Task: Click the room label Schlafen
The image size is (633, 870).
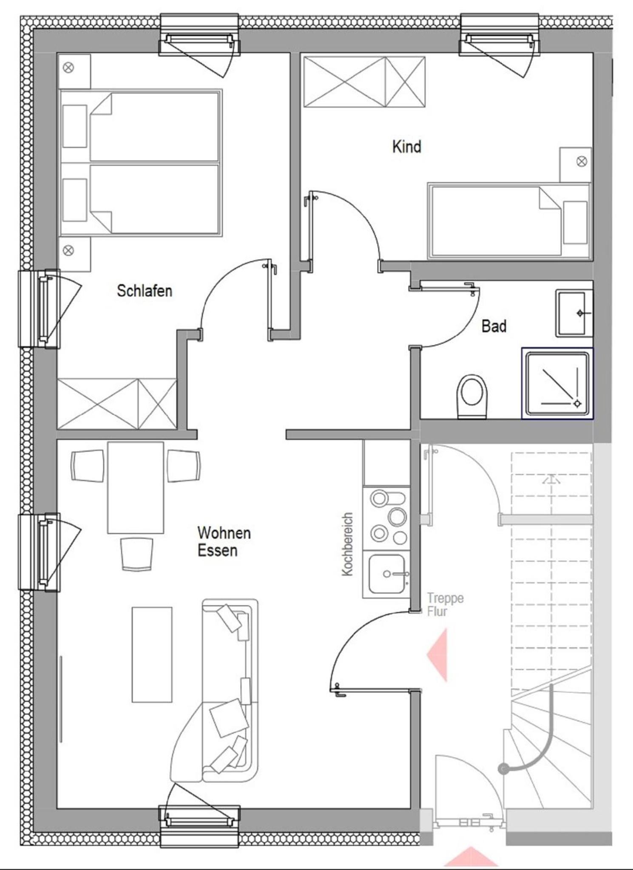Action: (145, 291)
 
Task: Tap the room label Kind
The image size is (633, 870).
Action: (406, 147)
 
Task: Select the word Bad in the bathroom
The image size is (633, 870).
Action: (494, 326)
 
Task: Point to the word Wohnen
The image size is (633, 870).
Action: (224, 533)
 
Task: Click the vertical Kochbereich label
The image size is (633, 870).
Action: (348, 544)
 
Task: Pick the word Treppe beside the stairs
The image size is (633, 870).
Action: (445, 598)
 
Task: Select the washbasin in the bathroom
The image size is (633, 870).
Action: (574, 314)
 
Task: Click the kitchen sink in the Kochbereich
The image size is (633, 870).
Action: (386, 574)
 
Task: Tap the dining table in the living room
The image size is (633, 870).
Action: (136, 487)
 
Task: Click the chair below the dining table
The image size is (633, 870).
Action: (136, 554)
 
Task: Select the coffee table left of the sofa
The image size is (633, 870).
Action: (152, 655)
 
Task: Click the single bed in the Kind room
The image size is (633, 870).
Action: (509, 221)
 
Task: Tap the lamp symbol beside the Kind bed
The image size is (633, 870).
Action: (582, 162)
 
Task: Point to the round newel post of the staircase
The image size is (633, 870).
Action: (503, 769)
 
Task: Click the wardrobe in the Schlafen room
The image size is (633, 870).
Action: (117, 404)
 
